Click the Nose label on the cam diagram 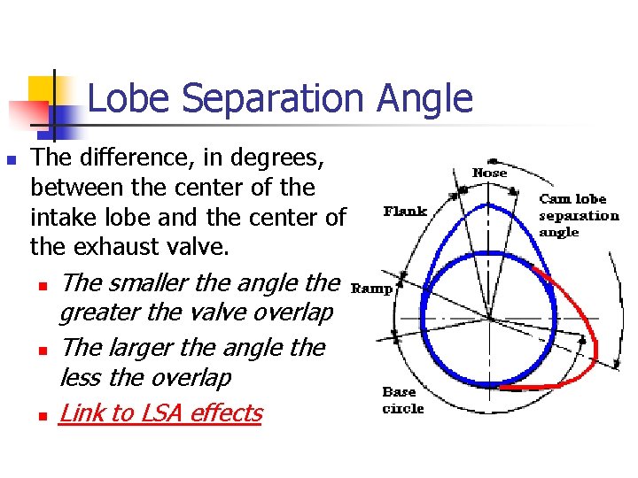[489, 173]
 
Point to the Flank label [405, 211]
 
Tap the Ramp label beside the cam [372, 288]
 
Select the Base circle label [402, 400]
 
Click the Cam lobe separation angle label [579, 215]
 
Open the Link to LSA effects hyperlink [160, 413]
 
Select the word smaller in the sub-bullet [150, 283]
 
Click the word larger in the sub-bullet [144, 348]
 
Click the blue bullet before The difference [12, 160]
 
